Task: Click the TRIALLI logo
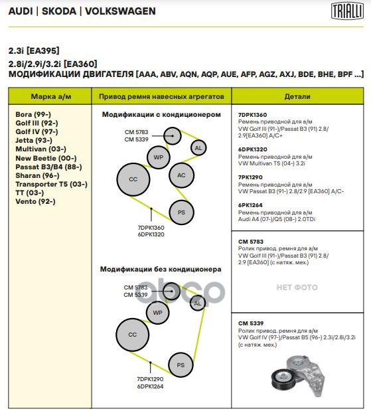(347, 11)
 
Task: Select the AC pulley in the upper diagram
(181, 175)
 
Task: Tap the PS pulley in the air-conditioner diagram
(181, 212)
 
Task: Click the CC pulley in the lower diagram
(132, 335)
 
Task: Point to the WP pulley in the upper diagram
(158, 157)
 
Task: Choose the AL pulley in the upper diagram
(198, 148)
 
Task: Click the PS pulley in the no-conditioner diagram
(181, 365)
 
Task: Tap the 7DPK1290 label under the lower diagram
(150, 379)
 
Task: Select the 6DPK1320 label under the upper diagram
(151, 234)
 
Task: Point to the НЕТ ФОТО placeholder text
(297, 288)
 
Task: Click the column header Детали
(297, 96)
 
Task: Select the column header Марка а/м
(51, 96)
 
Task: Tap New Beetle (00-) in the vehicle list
(46, 158)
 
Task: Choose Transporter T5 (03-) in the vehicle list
(51, 184)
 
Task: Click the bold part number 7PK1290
(250, 177)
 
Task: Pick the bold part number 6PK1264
(250, 205)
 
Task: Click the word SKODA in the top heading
(59, 11)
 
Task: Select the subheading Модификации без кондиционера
(161, 269)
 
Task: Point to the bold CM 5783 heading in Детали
(251, 242)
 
